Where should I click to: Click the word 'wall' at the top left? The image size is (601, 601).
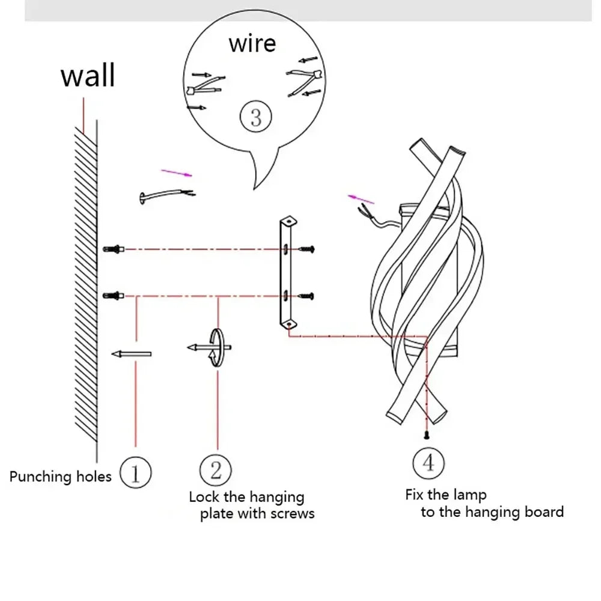click(88, 76)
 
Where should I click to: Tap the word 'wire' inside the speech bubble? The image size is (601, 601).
click(252, 44)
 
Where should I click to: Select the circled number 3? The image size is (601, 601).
click(256, 117)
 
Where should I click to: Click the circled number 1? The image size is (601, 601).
click(135, 473)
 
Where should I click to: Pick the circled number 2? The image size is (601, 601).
click(216, 470)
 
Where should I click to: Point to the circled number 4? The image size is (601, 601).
click(429, 463)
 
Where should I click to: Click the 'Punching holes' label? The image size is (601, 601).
click(60, 477)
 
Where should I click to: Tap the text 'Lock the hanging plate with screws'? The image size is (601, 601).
click(251, 505)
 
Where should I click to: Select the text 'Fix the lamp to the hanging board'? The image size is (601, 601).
click(484, 504)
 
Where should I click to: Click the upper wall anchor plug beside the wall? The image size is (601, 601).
click(114, 248)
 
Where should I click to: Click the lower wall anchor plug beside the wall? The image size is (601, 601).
click(114, 294)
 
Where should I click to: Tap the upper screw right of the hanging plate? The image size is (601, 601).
click(307, 248)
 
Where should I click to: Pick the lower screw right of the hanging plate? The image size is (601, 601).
click(307, 294)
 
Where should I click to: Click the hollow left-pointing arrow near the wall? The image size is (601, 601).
click(131, 354)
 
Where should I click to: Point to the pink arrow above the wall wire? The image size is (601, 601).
click(177, 174)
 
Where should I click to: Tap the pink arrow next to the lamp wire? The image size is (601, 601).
click(361, 199)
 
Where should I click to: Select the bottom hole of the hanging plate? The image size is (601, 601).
click(290, 324)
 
